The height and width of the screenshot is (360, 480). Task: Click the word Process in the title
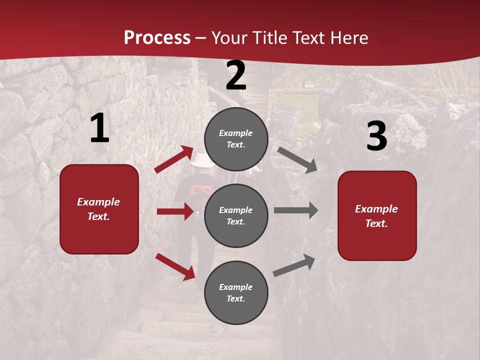[157, 37]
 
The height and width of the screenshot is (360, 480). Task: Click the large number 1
[99, 128]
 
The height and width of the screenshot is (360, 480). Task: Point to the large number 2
[236, 75]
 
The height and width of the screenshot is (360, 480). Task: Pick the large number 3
[376, 136]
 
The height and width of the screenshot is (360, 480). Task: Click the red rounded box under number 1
[99, 209]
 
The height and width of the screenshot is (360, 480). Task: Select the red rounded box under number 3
[377, 215]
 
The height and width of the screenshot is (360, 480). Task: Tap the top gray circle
[236, 139]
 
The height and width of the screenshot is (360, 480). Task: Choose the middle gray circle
[236, 215]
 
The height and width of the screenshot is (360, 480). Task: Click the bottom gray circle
[236, 292]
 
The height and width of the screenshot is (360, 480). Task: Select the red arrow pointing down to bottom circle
[175, 266]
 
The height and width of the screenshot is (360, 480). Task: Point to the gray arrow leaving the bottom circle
[294, 265]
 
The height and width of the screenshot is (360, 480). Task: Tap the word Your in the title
[228, 37]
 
